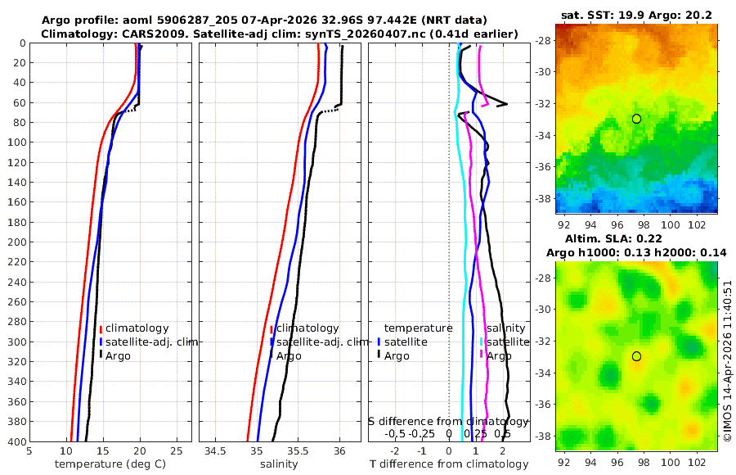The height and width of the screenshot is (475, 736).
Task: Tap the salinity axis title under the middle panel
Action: [280, 464]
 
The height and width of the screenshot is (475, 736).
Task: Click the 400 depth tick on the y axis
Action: [16, 441]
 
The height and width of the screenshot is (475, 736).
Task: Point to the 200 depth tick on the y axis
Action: [16, 242]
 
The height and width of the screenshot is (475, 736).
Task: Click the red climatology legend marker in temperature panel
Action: [101, 328]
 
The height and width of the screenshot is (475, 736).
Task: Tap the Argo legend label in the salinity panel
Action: [289, 355]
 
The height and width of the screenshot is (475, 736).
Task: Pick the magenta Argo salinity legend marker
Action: [481, 355]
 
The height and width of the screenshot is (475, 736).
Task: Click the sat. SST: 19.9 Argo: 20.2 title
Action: [635, 14]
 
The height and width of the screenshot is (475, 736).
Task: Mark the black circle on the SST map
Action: [636, 119]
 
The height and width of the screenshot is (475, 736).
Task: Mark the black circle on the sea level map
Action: [636, 356]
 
